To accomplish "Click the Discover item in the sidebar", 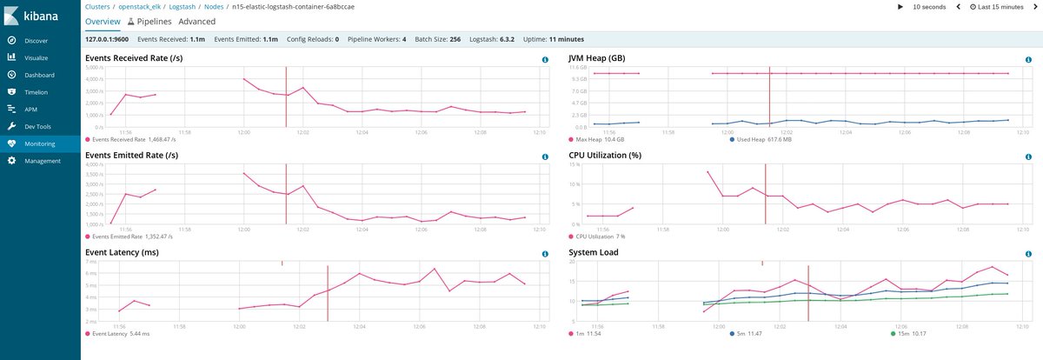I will coord(36,40).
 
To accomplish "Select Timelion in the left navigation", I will coord(36,91).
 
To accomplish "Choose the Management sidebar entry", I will coord(42,161).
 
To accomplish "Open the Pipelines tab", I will coord(149,21).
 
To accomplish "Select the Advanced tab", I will coord(196,21).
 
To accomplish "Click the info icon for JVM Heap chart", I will coord(1028,60).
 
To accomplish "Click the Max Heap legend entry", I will coord(600,139).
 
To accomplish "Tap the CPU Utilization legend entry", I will coord(600,236).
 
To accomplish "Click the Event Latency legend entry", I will coord(121,333).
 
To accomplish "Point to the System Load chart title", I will coord(594,253).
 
